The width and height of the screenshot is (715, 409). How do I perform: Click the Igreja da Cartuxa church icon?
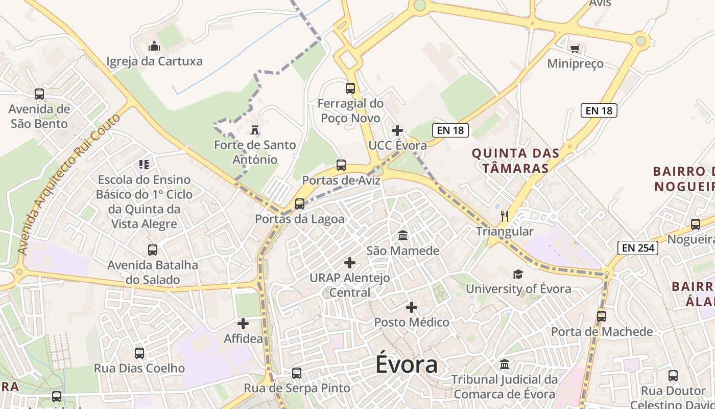154,47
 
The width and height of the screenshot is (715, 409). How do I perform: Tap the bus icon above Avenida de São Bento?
39,94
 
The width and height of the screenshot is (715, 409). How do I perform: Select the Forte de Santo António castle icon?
254,130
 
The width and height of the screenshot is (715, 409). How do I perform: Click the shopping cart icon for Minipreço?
575,49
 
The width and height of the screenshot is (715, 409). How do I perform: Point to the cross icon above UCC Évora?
397,130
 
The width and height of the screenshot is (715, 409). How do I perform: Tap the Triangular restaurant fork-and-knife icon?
505,216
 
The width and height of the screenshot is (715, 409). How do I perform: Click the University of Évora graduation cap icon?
518,274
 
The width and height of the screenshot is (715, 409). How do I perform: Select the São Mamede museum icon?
403,236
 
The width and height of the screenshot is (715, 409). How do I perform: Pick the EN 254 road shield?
638,248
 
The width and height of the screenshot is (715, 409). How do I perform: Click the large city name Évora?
407,365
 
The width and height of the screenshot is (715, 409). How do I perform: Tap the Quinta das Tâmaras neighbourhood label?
515,161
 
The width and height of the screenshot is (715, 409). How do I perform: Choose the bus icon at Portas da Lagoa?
300,204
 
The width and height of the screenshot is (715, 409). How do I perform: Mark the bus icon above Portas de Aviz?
341,165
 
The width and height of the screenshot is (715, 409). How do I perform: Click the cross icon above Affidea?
243,324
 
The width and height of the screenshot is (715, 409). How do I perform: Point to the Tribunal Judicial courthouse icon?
505,365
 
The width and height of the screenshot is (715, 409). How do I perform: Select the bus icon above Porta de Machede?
602,316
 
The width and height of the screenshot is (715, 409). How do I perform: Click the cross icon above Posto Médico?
412,307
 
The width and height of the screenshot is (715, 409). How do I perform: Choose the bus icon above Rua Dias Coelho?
139,353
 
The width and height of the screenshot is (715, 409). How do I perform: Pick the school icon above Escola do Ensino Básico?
144,165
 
